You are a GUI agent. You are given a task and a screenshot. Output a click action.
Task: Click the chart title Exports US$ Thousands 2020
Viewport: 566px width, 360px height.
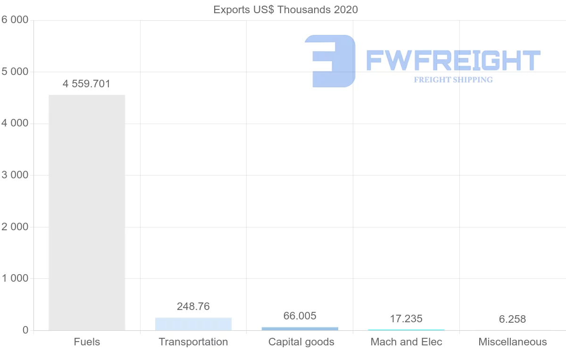coord(285,9)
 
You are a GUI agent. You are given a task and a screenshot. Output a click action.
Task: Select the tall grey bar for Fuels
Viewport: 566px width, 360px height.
coord(87,212)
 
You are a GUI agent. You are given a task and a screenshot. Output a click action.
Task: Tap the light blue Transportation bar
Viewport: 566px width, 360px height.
coord(193,324)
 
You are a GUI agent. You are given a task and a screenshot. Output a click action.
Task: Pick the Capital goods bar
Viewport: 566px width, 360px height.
coord(300,328)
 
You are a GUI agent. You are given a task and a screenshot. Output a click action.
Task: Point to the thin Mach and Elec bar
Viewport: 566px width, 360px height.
coord(406,330)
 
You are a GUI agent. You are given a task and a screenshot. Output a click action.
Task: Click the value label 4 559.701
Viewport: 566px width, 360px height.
coord(86,84)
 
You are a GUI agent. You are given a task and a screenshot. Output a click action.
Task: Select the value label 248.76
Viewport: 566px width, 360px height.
coord(193,307)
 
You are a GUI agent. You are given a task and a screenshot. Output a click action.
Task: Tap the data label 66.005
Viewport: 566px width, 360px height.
coord(300,316)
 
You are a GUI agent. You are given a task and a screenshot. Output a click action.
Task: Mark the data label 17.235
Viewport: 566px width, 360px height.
coord(406,319)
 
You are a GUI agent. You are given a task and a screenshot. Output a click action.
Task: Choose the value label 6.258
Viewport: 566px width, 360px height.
coord(512,319)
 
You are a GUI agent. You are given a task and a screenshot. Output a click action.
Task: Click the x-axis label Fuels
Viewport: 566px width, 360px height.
coord(87,342)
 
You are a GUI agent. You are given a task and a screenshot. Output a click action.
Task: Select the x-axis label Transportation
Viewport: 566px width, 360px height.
coord(193,342)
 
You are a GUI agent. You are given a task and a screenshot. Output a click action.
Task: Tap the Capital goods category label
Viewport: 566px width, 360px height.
coord(301,342)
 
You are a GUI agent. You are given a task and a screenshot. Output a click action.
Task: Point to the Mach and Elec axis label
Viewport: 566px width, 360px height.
coord(407,342)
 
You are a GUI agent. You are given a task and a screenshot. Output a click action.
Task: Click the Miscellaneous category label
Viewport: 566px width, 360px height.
coord(513,342)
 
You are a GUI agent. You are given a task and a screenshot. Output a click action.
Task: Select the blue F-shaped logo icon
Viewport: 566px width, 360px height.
coord(330,61)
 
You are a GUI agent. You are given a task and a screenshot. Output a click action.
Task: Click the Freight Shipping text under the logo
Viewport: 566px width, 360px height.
coord(453,80)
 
